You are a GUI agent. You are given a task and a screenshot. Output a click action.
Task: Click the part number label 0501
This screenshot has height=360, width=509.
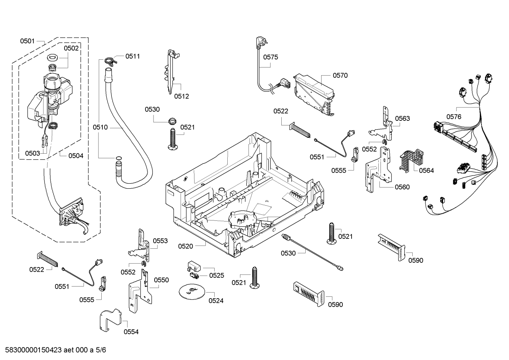click(27, 41)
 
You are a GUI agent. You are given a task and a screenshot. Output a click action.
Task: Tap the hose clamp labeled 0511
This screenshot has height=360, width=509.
click(110, 61)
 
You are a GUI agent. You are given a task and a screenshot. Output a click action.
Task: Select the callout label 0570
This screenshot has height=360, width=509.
click(340, 75)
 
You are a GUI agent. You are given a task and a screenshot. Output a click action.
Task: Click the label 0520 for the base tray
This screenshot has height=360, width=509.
click(185, 246)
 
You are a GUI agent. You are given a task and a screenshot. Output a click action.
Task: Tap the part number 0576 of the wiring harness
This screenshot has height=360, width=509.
click(454, 117)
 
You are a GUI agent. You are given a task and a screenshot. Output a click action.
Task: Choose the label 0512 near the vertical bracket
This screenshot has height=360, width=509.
click(181, 96)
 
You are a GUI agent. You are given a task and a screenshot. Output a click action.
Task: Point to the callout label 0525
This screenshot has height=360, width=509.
click(216, 276)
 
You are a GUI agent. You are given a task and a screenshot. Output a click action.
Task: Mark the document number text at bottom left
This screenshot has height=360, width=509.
click(53, 350)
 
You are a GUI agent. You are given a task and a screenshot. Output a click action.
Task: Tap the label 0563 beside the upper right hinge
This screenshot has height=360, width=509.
click(402, 118)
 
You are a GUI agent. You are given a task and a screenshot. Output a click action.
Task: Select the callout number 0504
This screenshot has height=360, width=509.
click(76, 155)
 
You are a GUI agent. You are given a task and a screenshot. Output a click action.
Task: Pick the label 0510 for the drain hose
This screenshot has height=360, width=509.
click(100, 127)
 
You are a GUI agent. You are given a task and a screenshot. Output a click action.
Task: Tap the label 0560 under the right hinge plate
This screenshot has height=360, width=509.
click(402, 187)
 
